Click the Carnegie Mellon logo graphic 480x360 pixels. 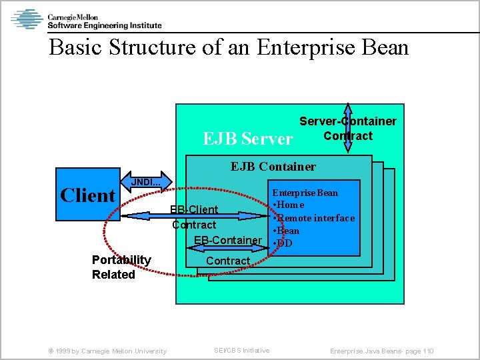[27, 19]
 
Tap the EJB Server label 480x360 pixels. [247, 138]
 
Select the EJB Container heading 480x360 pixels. [273, 166]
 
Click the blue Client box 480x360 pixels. [87, 195]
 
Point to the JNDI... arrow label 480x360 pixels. [146, 182]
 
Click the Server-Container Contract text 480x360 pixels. [347, 129]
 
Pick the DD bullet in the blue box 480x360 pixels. [284, 243]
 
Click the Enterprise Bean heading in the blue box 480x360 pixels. [305, 193]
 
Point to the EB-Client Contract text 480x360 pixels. [194, 217]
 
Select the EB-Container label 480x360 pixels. [227, 240]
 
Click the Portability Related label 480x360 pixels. [121, 267]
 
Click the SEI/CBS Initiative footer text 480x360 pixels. [241, 351]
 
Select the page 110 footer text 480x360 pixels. [382, 351]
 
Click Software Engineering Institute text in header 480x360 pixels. [104, 25]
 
